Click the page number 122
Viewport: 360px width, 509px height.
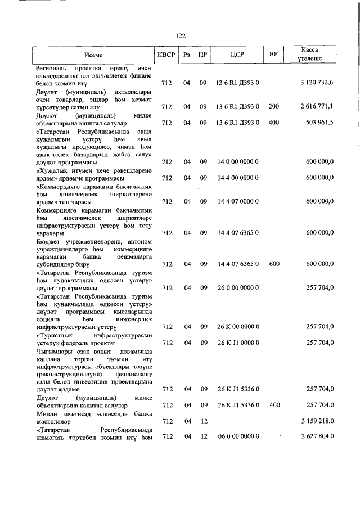181,35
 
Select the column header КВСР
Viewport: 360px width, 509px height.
166,55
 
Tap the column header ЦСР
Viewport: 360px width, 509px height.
237,55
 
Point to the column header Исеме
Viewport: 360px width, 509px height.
94,55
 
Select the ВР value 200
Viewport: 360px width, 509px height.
274,106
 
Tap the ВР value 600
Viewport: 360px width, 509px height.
274,263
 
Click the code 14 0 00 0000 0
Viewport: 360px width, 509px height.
237,161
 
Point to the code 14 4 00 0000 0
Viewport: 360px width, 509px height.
237,178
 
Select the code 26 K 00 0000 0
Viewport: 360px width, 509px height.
237,327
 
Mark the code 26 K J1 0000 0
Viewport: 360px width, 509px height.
237,343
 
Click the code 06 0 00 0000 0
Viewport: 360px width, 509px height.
237,436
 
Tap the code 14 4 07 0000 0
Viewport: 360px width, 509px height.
237,201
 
